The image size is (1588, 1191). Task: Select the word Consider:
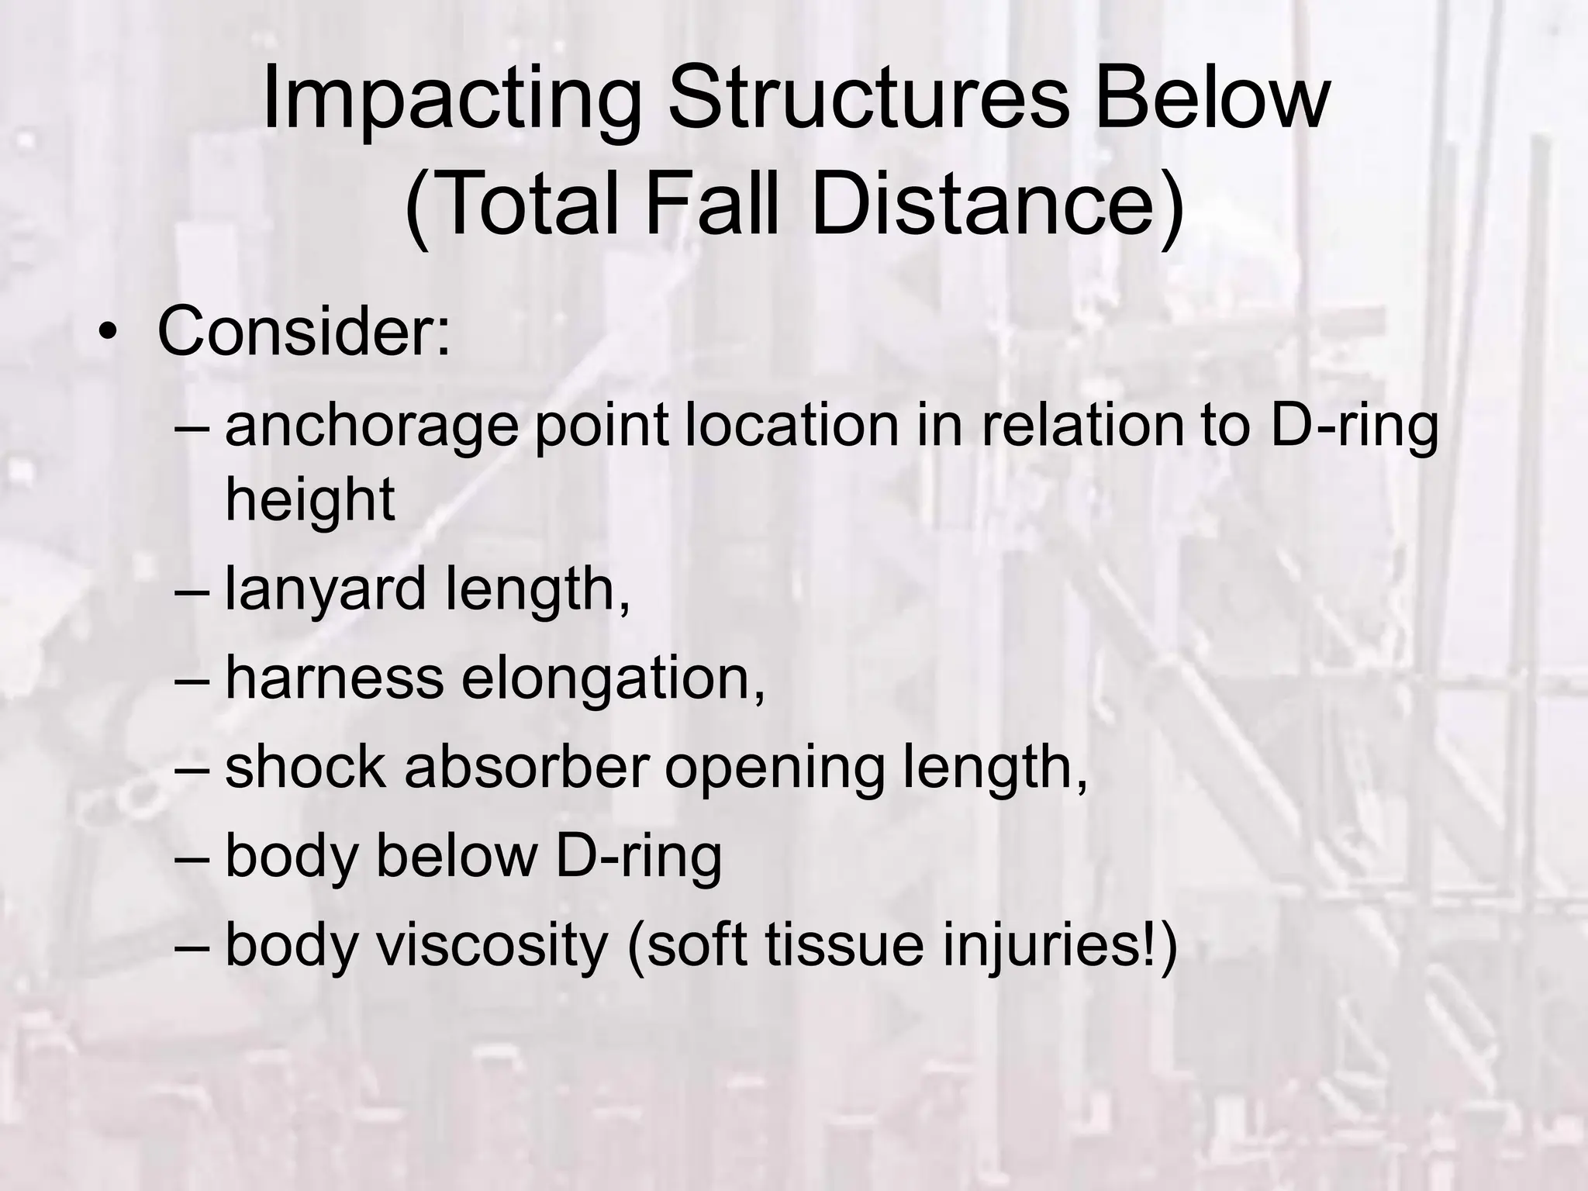[x=303, y=332]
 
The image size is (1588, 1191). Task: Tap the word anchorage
[x=371, y=427]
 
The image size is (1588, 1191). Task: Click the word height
[x=310, y=500]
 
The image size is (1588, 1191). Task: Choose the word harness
[x=334, y=677]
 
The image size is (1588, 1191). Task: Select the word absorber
[x=526, y=766]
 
